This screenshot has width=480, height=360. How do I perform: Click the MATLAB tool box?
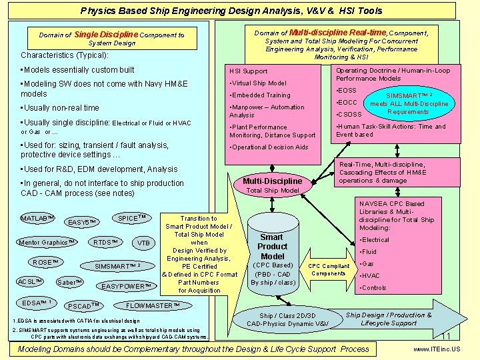[x=37, y=219]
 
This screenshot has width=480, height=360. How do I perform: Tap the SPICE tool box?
[x=131, y=218]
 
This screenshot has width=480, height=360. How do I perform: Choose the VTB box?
[x=143, y=243]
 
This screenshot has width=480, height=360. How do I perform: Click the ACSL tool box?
[x=31, y=281]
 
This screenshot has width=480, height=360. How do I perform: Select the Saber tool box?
[x=70, y=282]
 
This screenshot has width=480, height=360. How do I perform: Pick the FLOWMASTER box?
[x=153, y=305]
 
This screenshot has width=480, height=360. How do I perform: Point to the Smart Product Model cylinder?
[x=272, y=257]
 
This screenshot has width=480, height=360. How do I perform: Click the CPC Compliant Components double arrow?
[x=329, y=269]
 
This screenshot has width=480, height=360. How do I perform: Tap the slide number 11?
[x=447, y=336]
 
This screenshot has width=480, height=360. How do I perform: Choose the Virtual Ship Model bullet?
[x=259, y=83]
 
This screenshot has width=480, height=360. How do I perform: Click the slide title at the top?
[x=231, y=11]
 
